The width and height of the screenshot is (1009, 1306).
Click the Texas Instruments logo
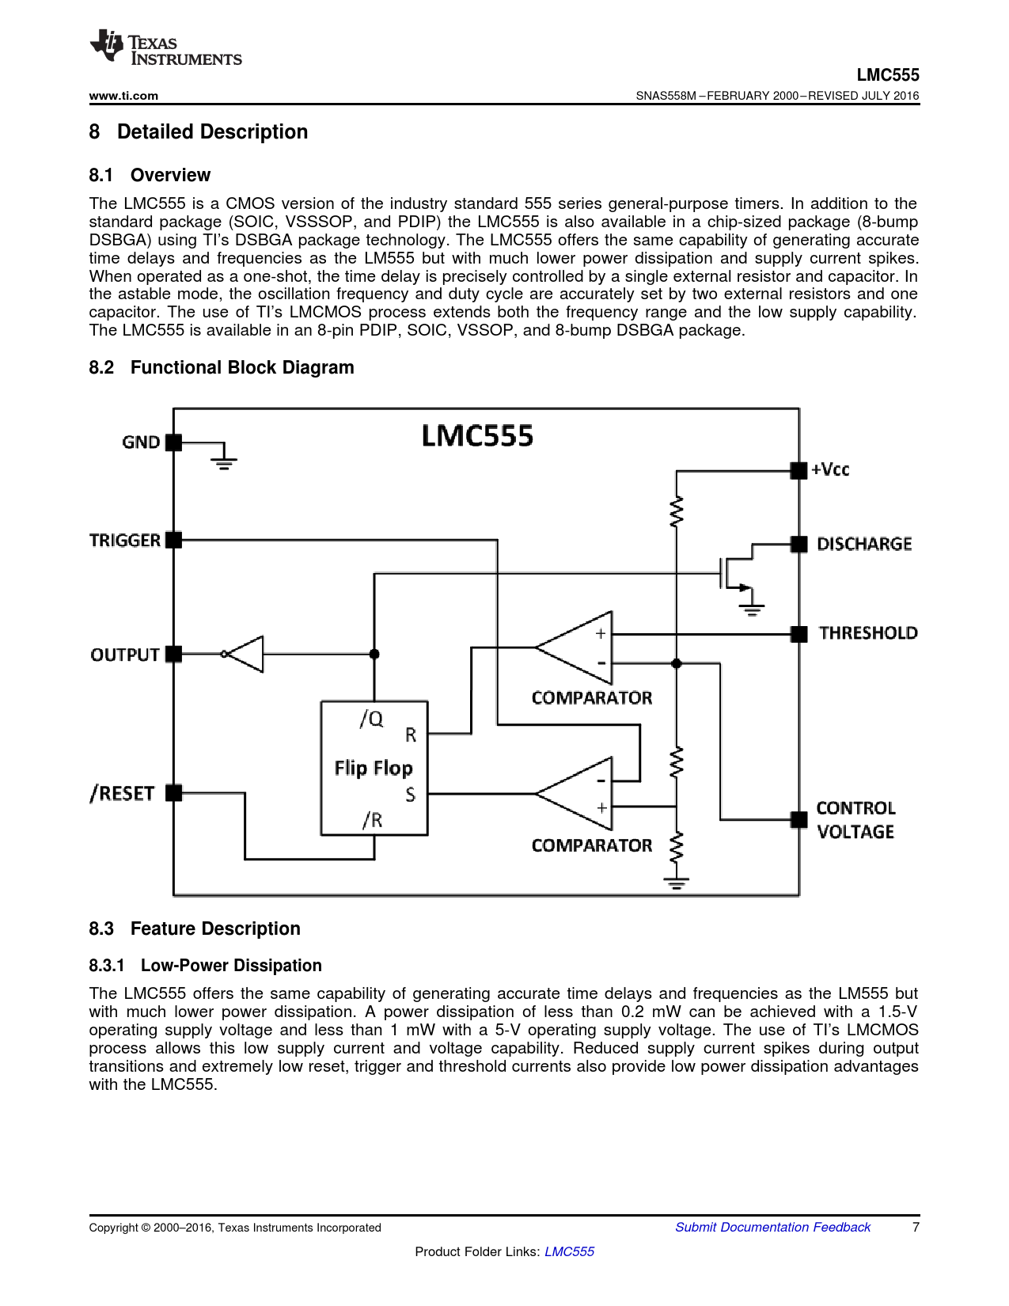tap(165, 48)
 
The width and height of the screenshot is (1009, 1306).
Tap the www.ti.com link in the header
tap(123, 96)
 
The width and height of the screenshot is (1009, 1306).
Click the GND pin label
tap(141, 442)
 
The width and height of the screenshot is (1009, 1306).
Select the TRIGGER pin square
tap(174, 540)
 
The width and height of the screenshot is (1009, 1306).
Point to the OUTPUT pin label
tap(125, 655)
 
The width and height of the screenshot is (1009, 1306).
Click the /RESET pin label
tap(122, 793)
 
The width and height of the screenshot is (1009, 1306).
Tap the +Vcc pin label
tap(830, 469)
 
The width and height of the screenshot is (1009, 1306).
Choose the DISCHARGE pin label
tap(864, 544)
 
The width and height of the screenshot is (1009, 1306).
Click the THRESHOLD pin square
tap(799, 633)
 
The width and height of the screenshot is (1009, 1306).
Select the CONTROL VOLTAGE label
tap(855, 820)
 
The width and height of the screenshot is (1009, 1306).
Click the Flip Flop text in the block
tap(374, 768)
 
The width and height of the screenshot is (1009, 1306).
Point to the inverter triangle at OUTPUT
tap(247, 654)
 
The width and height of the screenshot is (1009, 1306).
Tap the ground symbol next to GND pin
tap(225, 460)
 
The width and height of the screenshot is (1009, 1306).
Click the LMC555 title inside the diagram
tap(477, 436)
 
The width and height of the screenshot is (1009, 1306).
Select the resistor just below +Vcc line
tap(676, 511)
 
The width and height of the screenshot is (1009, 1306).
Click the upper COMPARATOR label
tap(592, 698)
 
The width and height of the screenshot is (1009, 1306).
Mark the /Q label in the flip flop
tap(371, 719)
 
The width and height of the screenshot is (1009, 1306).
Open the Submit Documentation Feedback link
tap(772, 1227)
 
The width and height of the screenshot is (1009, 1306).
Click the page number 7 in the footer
tap(916, 1227)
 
